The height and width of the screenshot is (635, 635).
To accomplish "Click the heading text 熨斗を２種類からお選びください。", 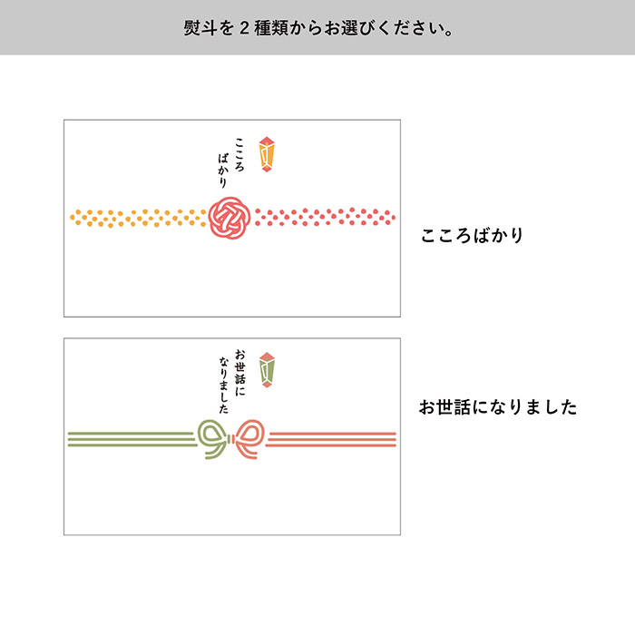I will [x=317, y=28].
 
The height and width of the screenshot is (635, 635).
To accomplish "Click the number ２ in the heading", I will [x=243, y=28].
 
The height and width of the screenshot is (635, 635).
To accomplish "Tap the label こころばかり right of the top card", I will [x=472, y=236].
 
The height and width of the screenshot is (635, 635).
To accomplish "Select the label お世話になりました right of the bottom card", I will [x=497, y=407].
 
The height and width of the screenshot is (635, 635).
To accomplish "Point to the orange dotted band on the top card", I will [x=136, y=218].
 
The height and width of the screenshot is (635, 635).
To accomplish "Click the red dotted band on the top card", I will [x=325, y=217].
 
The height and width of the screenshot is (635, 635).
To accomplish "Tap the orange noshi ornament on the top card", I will [x=267, y=153].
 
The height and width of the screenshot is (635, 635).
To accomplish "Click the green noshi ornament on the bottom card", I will [x=267, y=368].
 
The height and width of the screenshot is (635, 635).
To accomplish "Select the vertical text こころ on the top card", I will [x=239, y=153].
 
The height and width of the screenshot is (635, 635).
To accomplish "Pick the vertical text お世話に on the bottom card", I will [x=239, y=368].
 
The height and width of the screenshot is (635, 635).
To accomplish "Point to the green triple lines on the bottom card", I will [x=132, y=438].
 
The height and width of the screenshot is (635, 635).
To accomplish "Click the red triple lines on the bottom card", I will [x=332, y=438].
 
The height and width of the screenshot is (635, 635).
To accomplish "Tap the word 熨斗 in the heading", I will [x=197, y=28].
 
